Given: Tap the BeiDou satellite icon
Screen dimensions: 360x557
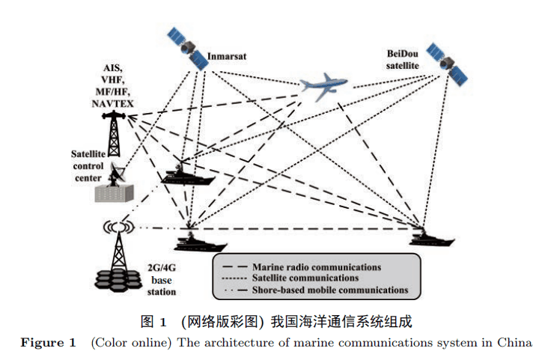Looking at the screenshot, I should click(446, 63).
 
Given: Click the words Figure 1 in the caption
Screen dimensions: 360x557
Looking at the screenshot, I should click(48, 343).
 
